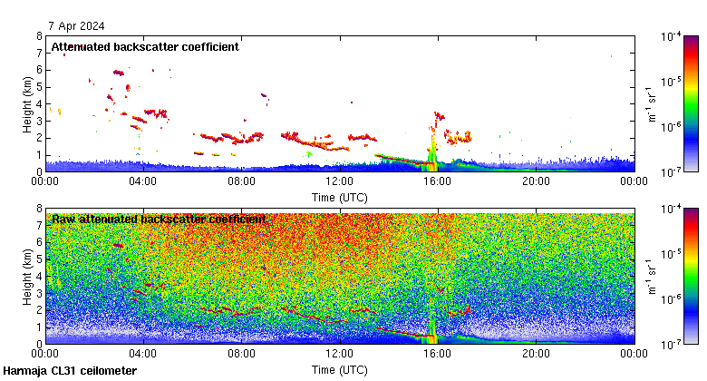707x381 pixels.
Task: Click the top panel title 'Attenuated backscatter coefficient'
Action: coord(145,46)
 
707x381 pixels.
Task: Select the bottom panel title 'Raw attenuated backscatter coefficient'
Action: coord(159,219)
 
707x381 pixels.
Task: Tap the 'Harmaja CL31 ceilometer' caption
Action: coord(70,371)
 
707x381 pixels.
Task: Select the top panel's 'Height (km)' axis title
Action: coord(28,104)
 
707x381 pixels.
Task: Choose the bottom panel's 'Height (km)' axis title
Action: coord(28,277)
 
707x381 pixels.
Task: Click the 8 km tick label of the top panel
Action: coord(38,37)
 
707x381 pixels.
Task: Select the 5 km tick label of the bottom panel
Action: coord(38,259)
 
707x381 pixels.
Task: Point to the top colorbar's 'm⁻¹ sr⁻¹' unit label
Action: coord(652,104)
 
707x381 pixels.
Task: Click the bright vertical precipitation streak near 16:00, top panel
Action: coord(432,150)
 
